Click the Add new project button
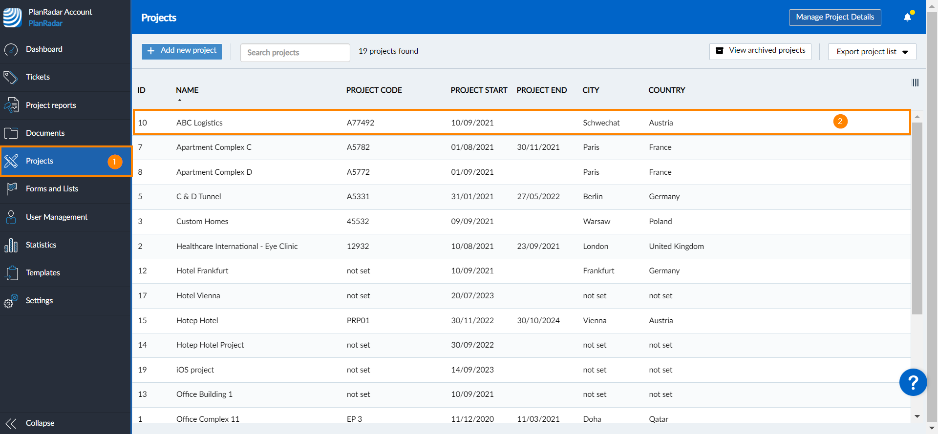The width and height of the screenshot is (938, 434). (x=182, y=51)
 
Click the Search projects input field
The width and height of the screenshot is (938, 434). (x=295, y=52)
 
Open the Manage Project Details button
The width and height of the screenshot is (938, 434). (x=834, y=17)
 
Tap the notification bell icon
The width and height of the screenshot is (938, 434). (x=907, y=17)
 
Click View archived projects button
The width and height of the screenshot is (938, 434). (x=760, y=51)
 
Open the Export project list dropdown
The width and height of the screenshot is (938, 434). (x=872, y=52)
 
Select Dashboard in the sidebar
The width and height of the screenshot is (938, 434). (x=44, y=49)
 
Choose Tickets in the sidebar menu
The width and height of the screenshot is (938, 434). (x=38, y=77)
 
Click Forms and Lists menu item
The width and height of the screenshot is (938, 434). (x=52, y=189)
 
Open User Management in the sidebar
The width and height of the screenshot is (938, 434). (x=57, y=217)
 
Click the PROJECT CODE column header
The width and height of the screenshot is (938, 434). (x=374, y=90)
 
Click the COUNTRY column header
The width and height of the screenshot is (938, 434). (x=666, y=90)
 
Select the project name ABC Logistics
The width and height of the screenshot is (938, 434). (x=199, y=123)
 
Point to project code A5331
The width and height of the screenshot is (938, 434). (x=358, y=197)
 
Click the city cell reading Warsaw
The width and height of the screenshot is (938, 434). (x=597, y=222)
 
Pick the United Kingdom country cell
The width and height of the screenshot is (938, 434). (x=676, y=247)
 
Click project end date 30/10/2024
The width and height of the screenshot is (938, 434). (x=538, y=321)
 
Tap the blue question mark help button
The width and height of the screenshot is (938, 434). (x=913, y=382)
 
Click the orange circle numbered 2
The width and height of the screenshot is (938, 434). (x=840, y=122)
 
